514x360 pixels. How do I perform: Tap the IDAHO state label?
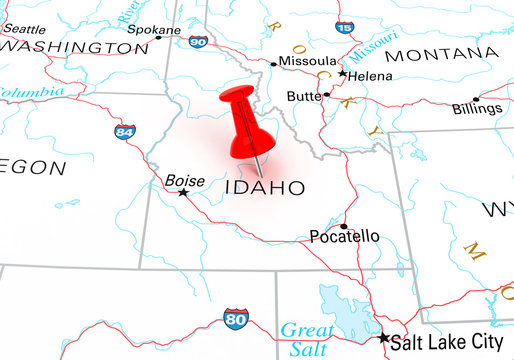[x=265, y=187]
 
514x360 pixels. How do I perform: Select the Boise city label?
[x=185, y=181]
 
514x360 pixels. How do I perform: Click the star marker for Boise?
[x=182, y=192]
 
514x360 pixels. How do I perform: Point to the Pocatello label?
[x=344, y=237]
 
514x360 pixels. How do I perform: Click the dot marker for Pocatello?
[x=344, y=225]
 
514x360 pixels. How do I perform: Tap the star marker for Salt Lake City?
[x=384, y=338]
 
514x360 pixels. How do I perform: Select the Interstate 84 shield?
[x=125, y=132]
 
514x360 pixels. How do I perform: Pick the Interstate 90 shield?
[x=198, y=41]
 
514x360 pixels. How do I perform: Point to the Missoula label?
[x=307, y=61]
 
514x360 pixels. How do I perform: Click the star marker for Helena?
[x=343, y=74]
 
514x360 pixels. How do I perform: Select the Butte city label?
[x=303, y=96]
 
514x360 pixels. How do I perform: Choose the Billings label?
[x=476, y=109]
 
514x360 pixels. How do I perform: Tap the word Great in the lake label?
[x=305, y=329]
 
